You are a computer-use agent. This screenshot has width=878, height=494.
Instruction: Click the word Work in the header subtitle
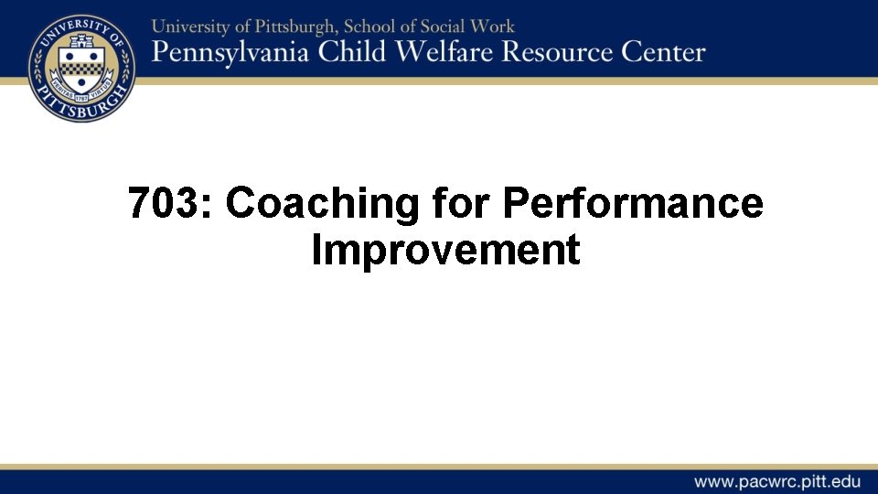click(x=497, y=27)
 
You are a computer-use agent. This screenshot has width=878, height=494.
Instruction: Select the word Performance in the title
click(x=632, y=203)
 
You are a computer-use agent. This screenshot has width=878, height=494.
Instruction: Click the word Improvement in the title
click(x=445, y=250)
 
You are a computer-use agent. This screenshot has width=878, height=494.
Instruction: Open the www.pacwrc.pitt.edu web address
click(x=776, y=481)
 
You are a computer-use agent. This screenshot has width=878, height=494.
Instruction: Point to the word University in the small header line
click(x=192, y=27)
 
